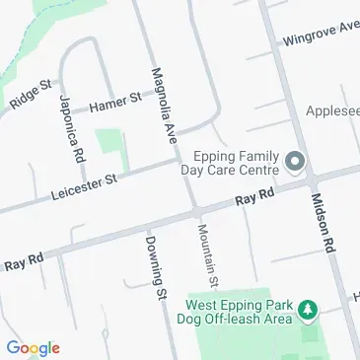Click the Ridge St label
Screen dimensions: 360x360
(29, 95)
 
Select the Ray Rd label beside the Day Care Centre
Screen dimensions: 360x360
(253, 200)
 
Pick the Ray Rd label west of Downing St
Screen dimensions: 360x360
(24, 262)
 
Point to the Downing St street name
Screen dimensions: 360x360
(153, 266)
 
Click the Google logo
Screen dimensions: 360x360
(33, 347)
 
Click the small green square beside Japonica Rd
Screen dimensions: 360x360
(109, 142)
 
